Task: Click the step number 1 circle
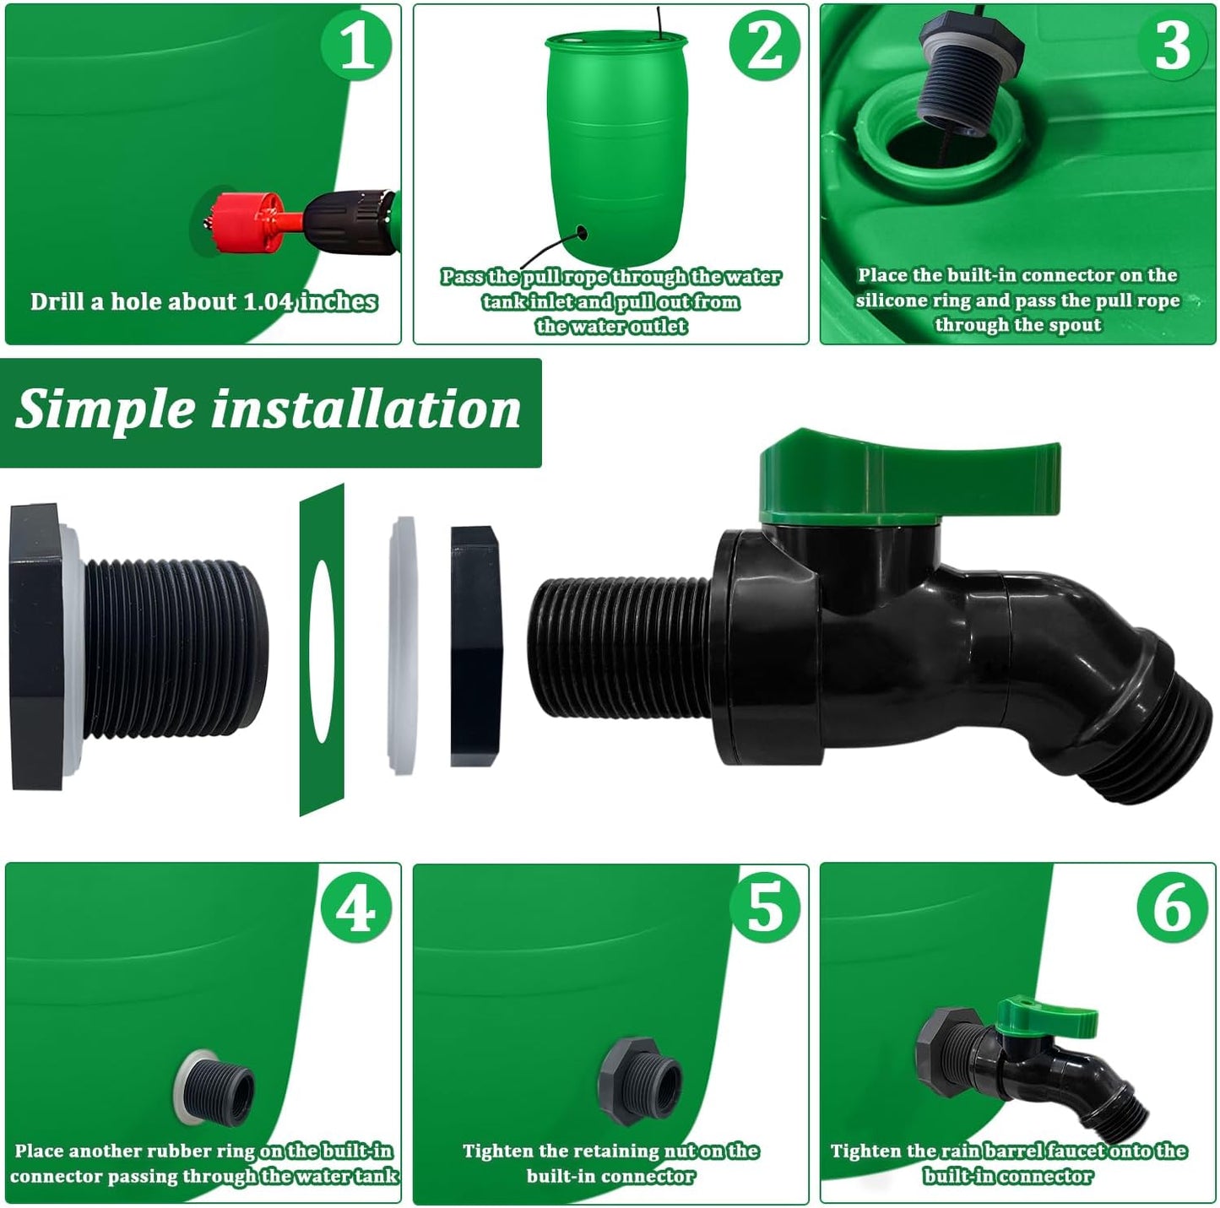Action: (357, 46)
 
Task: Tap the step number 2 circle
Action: (764, 46)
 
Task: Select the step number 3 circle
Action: (1172, 46)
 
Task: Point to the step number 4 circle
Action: (357, 909)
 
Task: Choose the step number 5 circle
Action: (764, 909)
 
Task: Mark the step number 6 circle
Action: (1172, 909)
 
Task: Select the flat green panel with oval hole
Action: (322, 650)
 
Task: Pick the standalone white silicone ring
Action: (404, 645)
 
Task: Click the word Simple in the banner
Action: (105, 410)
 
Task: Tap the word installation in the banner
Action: (365, 410)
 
